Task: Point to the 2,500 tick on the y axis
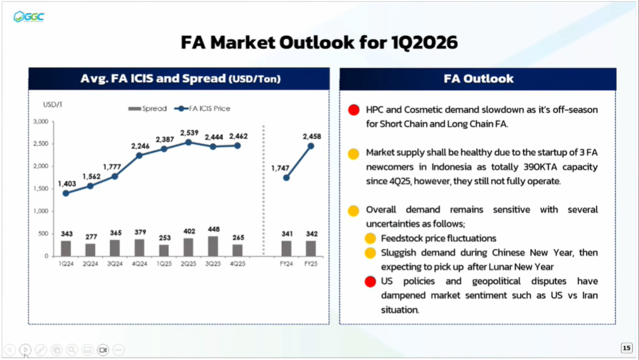pyautogui.click(x=40, y=144)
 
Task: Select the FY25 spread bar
pyautogui.click(x=311, y=248)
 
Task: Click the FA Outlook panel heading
pyautogui.click(x=478, y=79)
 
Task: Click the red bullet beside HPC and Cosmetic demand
pyautogui.click(x=355, y=111)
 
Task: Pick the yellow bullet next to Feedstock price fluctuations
pyautogui.click(x=370, y=239)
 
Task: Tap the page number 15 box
pyautogui.click(x=626, y=347)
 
